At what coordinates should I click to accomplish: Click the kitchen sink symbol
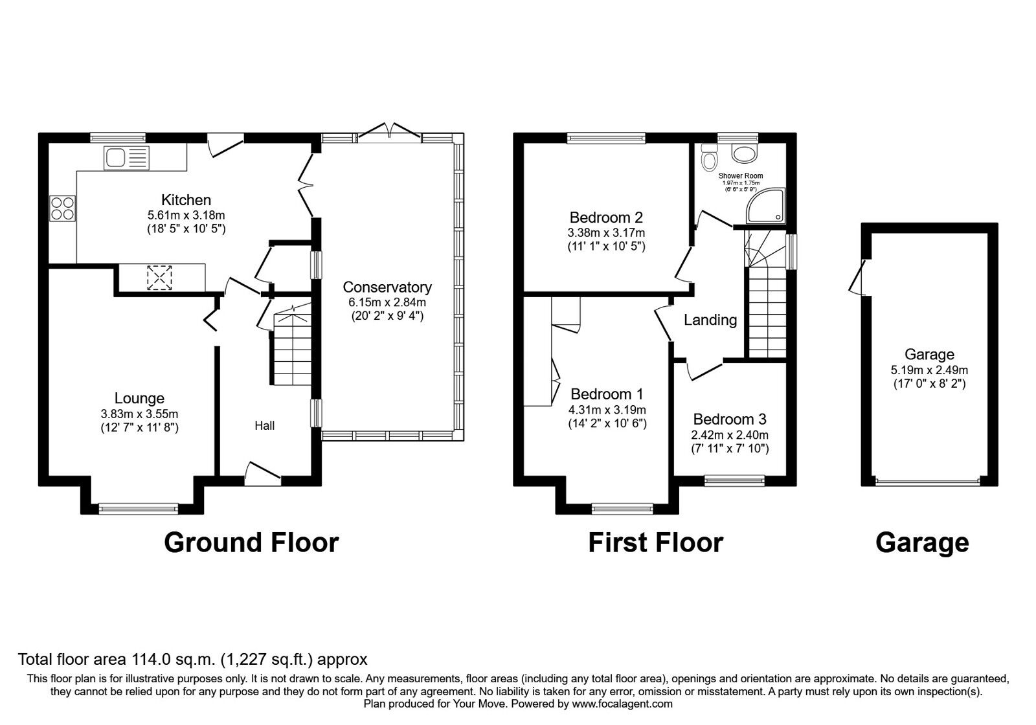pos(126,157)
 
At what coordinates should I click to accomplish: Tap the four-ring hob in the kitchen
pos(62,208)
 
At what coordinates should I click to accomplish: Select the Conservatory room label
pos(387,287)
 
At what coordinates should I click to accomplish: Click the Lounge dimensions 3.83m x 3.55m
pos(139,414)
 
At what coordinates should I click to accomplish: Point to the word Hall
pos(264,425)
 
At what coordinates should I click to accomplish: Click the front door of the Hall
pos(262,473)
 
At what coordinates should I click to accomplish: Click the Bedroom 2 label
pos(606,217)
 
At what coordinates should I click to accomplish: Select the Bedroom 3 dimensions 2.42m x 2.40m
pos(730,435)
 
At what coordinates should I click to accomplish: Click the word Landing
pos(710,320)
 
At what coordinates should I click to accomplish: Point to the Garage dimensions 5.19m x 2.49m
pos(929,370)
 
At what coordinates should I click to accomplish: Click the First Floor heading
pos(655,542)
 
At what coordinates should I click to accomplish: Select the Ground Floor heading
pos(251,542)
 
